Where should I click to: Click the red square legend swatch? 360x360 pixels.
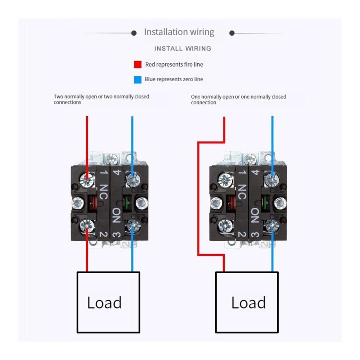tap(138, 64)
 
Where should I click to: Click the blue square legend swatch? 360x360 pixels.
tap(138, 80)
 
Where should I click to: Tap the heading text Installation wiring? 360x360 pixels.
tap(179, 32)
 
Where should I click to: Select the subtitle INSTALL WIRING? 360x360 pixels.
tap(183, 49)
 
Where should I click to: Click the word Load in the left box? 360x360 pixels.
tap(104, 302)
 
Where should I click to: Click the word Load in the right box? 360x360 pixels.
tap(248, 302)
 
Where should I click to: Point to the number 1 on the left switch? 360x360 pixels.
tap(104, 172)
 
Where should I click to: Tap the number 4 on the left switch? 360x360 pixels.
tap(117, 172)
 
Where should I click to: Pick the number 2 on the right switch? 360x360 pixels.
tap(242, 234)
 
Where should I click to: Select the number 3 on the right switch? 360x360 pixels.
tap(255, 235)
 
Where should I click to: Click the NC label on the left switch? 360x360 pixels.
tap(104, 192)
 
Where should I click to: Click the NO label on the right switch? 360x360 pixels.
tap(255, 215)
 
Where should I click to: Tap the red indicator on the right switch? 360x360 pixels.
tap(231, 203)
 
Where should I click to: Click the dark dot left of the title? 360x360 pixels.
tap(134, 33)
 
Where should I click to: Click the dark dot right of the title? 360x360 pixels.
tap(232, 33)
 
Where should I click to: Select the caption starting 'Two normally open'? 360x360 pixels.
tap(102, 99)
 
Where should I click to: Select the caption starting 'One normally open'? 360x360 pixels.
tap(239, 99)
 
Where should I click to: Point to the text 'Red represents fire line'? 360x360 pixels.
tap(174, 64)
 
